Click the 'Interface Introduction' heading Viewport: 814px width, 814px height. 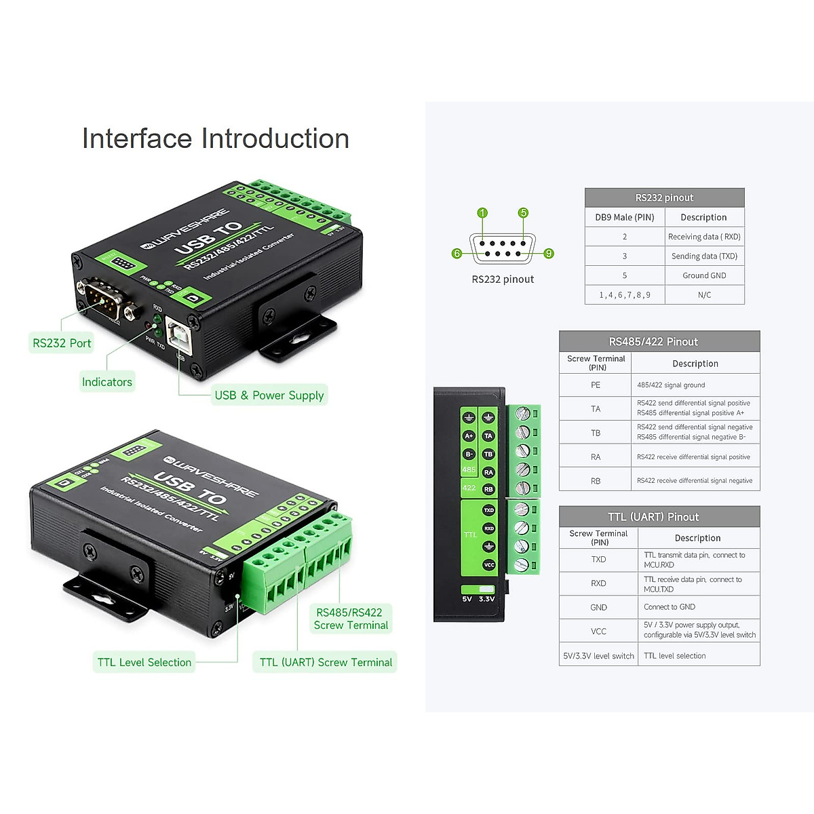(x=216, y=138)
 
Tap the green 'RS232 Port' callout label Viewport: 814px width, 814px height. (x=62, y=343)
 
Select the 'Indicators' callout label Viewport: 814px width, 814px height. (x=107, y=382)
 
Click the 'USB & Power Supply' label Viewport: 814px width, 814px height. (x=269, y=395)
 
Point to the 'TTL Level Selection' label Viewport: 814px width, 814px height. (x=144, y=663)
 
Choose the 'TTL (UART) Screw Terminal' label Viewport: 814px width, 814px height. (x=326, y=663)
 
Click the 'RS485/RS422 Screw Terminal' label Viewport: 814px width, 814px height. (x=351, y=619)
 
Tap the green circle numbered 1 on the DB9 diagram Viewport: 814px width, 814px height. (x=482, y=213)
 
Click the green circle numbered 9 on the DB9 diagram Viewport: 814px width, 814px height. (x=549, y=254)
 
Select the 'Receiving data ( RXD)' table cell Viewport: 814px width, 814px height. (x=704, y=237)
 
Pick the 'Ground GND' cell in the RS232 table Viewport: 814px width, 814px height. (x=704, y=275)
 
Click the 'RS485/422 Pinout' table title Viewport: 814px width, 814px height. (x=653, y=342)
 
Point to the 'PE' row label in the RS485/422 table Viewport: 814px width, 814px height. (x=596, y=385)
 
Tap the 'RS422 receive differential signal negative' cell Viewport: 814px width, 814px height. (x=695, y=481)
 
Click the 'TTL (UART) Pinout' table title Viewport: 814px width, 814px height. (x=653, y=517)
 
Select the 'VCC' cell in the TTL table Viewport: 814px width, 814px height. (x=598, y=632)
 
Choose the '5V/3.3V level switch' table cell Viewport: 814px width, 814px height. (x=598, y=656)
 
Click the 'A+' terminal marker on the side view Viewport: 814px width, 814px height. (x=469, y=436)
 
